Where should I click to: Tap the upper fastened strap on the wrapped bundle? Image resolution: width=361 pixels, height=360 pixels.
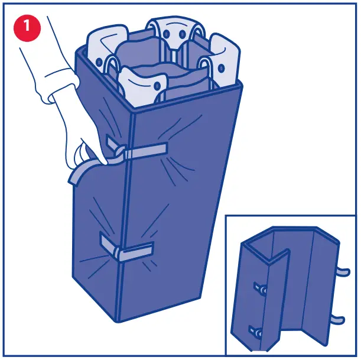click(145, 151)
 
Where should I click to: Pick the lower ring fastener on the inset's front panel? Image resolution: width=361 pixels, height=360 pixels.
click(255, 331)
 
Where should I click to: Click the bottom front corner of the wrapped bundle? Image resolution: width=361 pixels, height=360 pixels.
click(121, 319)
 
